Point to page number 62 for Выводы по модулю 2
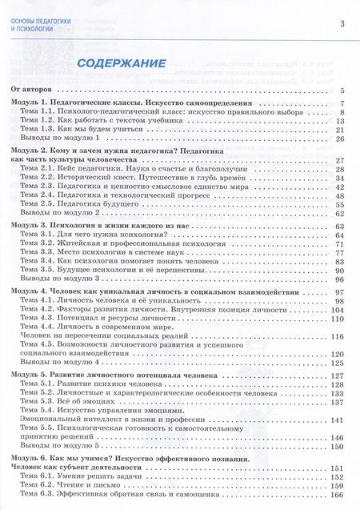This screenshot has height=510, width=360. [x=339, y=213]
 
